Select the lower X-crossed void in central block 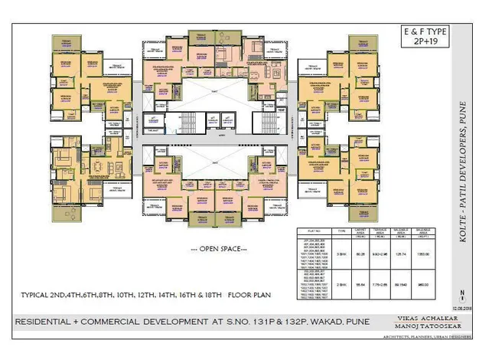220,163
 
